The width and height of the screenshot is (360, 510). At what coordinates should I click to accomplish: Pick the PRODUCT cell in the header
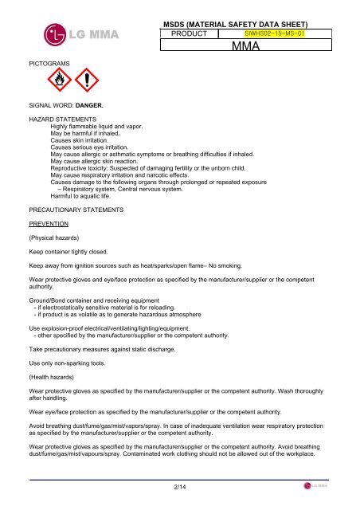pos(190,34)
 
